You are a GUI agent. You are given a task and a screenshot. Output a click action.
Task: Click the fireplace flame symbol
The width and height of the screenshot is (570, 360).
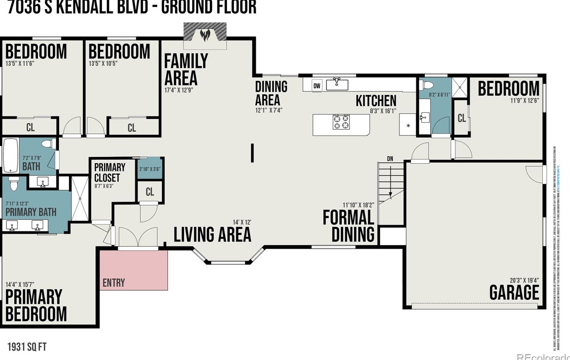[205, 35]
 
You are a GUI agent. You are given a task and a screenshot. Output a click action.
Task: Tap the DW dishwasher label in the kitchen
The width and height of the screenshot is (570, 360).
[317, 86]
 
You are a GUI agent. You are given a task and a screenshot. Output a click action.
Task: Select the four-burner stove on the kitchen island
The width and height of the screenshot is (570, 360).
[341, 122]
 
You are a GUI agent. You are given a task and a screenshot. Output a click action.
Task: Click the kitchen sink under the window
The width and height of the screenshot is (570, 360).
[337, 84]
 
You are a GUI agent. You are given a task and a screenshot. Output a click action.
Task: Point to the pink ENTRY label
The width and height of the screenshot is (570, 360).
[114, 283]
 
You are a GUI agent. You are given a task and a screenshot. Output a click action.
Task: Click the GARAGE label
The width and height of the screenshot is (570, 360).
[514, 293]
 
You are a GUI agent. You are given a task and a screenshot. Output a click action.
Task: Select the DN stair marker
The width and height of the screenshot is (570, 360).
[390, 159]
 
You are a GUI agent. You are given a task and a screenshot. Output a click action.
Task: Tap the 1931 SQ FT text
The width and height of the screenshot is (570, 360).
[27, 347]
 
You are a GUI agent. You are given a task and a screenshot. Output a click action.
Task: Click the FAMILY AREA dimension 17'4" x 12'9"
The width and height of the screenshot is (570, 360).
[179, 90]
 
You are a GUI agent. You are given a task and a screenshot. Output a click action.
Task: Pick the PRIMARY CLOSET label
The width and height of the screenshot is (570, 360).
[109, 172]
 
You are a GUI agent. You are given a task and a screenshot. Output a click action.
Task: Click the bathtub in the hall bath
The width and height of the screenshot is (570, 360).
[10, 155]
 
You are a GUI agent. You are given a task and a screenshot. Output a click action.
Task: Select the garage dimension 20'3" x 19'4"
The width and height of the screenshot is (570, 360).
[524, 280]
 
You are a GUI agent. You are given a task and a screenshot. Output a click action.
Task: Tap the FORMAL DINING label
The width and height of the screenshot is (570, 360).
[348, 226]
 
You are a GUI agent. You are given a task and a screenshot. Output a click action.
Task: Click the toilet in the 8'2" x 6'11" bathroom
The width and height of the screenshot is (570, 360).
[428, 85]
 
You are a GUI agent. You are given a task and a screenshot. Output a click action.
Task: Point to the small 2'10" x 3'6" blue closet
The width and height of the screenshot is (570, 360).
[150, 169]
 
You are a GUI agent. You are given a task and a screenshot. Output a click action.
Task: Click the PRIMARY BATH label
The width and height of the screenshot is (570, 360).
[31, 212]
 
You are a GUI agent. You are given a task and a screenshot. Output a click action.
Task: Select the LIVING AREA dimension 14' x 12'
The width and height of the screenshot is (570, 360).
[242, 222]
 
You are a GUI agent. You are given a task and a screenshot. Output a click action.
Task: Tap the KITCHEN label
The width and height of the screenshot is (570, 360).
[376, 101]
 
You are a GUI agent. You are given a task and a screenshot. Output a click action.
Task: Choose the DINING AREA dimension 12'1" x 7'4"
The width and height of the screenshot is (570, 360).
[269, 110]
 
